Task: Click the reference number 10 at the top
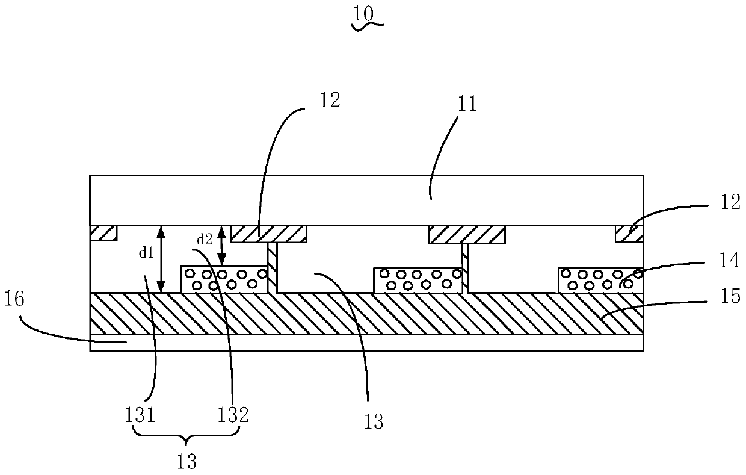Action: click(x=363, y=13)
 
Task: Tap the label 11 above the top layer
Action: click(x=467, y=104)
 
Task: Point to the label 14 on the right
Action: click(x=729, y=261)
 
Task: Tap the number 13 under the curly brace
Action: click(x=188, y=462)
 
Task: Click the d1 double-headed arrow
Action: click(x=161, y=259)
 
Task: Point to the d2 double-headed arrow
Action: click(x=222, y=246)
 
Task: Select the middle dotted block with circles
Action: click(x=418, y=280)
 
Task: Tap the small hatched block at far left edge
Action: click(x=103, y=233)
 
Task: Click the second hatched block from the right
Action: click(x=466, y=235)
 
